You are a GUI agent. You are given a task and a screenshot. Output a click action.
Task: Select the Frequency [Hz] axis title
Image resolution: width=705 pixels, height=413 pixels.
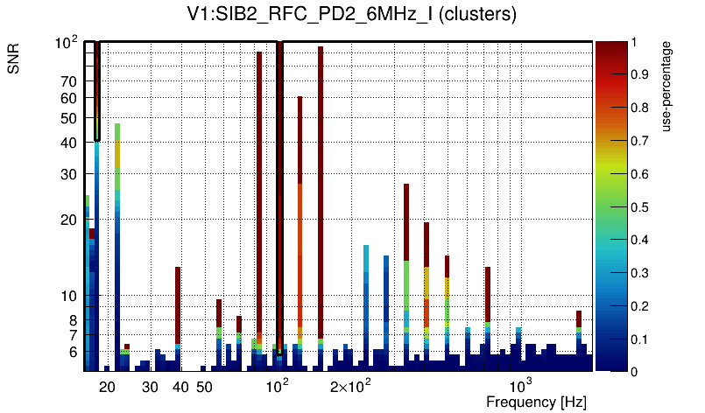coord(536,402)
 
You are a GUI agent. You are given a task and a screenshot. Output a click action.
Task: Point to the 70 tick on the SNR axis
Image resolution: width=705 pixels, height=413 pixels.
coord(68,81)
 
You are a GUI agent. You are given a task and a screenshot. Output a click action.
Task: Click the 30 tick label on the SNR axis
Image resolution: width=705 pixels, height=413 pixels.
coord(68,174)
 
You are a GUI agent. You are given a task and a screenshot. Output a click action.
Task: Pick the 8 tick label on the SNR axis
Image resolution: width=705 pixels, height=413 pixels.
coord(73,319)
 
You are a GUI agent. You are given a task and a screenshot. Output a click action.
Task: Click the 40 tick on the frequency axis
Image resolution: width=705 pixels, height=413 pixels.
coord(180,387)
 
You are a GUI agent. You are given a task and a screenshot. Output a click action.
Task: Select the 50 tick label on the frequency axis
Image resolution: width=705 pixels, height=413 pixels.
coord(204,387)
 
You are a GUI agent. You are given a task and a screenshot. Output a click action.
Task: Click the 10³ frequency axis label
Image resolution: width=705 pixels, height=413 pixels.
coord(522,386)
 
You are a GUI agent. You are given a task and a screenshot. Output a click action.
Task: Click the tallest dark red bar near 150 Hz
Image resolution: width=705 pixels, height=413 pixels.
coord(321,175)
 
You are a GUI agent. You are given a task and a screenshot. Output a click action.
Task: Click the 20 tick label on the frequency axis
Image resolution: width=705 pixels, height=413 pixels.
coord(108,387)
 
